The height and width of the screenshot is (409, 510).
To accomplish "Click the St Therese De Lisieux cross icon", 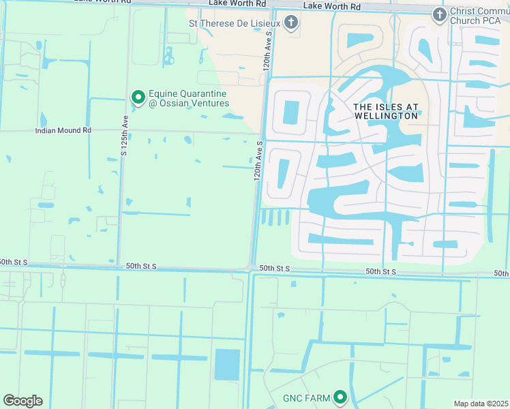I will tap(291, 24).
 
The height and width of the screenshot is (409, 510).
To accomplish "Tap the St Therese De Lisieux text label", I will tap(234, 24).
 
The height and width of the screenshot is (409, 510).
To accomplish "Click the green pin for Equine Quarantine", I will tap(138, 98).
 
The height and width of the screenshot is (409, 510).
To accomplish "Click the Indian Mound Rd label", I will tap(63, 130).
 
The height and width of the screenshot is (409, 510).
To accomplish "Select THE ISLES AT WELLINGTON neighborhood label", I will tap(385, 111).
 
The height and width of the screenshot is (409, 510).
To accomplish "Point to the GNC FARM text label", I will tap(306, 398).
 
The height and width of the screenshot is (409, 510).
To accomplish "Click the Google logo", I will tap(22, 401).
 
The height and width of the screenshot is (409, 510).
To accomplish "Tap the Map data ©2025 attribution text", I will tap(480, 404).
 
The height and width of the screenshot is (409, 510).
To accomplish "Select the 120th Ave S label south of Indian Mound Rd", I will tap(258, 161).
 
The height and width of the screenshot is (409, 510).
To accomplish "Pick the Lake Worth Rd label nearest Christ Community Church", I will tap(331, 6).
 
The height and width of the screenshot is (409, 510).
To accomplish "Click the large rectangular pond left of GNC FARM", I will tap(227, 365).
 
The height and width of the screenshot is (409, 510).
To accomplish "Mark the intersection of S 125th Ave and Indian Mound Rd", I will tap(123, 131).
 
